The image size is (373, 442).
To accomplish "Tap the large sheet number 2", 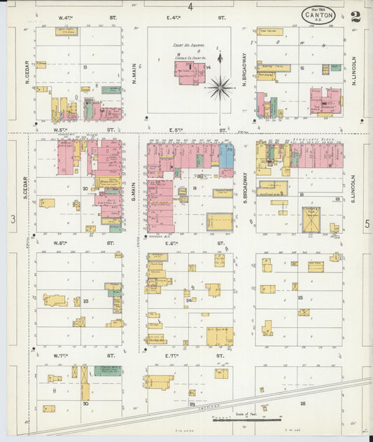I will coord(357,16).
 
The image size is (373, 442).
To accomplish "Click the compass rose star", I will coord(220,88).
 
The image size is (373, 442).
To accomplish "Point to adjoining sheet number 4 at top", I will coord(189,6).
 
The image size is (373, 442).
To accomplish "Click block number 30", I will coord(85,403).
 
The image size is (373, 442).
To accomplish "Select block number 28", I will coord(302,403).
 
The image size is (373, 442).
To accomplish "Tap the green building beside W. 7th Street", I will coord(106,371).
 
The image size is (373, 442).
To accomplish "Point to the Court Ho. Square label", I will coord(188,45).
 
